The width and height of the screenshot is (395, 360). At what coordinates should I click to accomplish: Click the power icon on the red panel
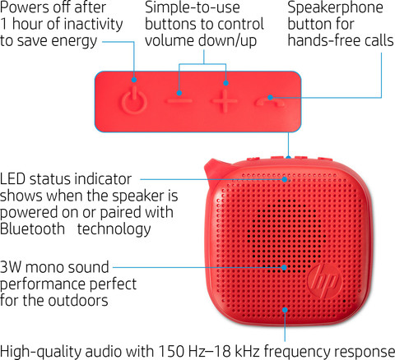click(134, 100)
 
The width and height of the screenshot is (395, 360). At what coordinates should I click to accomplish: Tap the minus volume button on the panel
click(179, 101)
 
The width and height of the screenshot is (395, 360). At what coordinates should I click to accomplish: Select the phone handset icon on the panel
click(269, 102)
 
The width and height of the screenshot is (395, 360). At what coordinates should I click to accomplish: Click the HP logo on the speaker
click(323, 280)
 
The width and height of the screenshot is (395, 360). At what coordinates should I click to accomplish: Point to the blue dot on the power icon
click(134, 80)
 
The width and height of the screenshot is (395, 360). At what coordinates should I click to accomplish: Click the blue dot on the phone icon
click(270, 97)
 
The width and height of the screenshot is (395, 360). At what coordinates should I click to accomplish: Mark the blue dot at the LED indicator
click(285, 179)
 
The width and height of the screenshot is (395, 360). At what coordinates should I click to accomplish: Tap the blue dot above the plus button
click(225, 83)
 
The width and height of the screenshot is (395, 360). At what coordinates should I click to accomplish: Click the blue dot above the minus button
click(179, 93)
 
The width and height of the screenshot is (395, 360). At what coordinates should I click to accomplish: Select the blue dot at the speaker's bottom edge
click(285, 310)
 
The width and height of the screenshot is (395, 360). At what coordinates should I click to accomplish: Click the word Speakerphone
click(335, 7)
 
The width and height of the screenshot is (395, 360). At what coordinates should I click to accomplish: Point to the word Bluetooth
click(32, 228)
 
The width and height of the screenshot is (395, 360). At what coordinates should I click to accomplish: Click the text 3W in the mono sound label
click(11, 267)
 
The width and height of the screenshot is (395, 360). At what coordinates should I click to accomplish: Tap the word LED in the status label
click(12, 179)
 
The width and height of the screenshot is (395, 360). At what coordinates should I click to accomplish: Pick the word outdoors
click(78, 301)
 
